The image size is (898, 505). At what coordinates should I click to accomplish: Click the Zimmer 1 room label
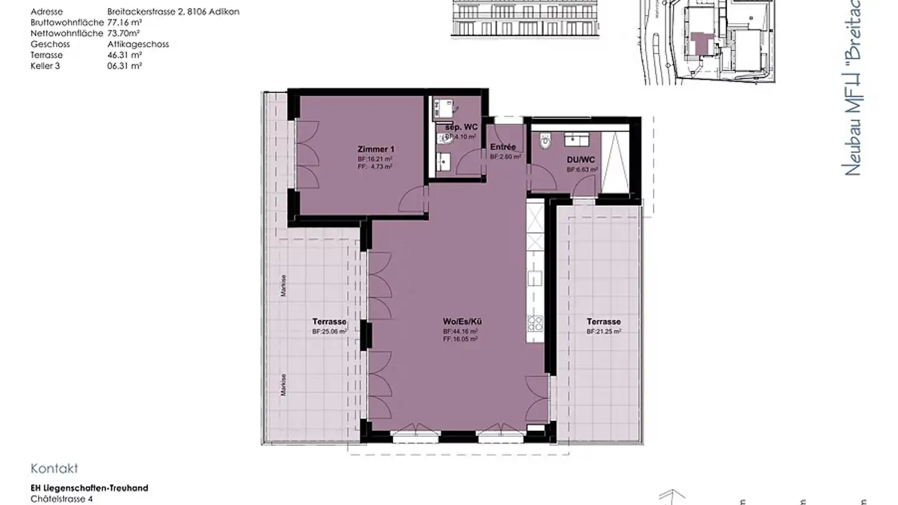(x=376, y=150)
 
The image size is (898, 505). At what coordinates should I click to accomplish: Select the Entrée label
(x=503, y=147)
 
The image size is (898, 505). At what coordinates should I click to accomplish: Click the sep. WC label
(x=461, y=127)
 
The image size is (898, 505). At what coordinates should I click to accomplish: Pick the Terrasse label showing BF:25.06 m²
(x=329, y=322)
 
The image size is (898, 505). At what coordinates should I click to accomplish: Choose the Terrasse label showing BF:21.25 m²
(x=603, y=322)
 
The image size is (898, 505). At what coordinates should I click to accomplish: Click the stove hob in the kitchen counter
(x=535, y=323)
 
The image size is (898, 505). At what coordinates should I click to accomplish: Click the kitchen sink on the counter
(x=535, y=278)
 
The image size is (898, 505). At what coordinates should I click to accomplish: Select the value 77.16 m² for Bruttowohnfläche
(x=125, y=22)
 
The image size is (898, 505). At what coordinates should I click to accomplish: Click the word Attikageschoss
(x=138, y=44)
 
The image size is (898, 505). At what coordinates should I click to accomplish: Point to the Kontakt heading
(x=54, y=469)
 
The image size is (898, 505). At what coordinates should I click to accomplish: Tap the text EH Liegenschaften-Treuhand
(x=89, y=488)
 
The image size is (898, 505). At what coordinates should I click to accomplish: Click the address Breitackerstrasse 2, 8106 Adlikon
(x=173, y=11)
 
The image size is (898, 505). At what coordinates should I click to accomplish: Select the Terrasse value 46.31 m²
(x=125, y=55)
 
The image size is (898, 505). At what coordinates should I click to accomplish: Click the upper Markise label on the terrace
(x=284, y=286)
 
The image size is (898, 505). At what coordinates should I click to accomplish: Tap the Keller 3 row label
(x=46, y=65)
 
